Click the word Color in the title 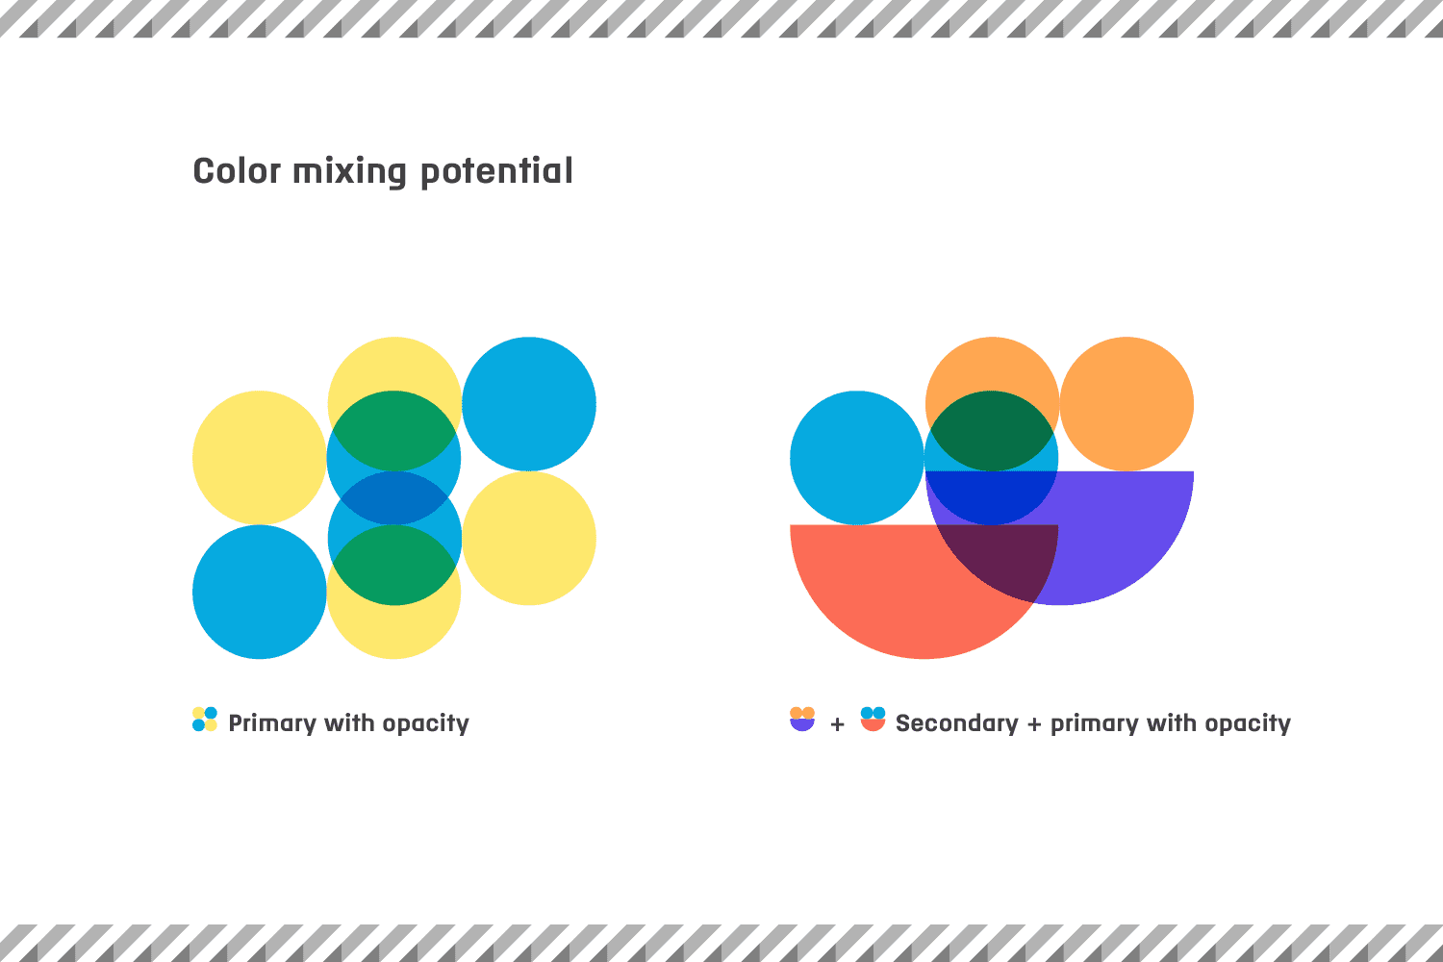(x=237, y=171)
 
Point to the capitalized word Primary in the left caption (x=272, y=723)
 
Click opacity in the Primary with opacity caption (x=426, y=723)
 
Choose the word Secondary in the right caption (x=956, y=723)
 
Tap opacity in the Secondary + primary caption (x=1248, y=723)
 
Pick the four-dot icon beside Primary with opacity (x=205, y=720)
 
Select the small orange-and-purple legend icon (x=802, y=719)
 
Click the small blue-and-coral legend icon (x=873, y=719)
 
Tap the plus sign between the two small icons (x=838, y=725)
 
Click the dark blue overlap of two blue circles (x=393, y=497)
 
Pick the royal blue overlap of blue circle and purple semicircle (x=991, y=496)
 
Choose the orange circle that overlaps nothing (x=1127, y=404)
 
